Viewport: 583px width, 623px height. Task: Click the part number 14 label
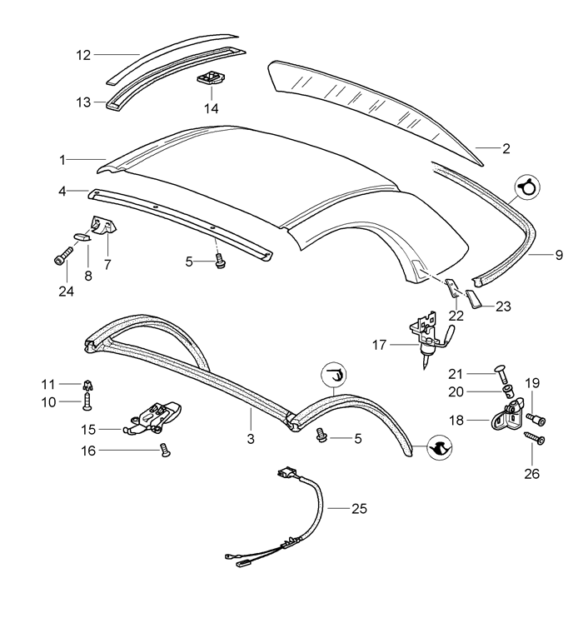coord(212,108)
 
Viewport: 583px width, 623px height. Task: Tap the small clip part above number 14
coord(211,77)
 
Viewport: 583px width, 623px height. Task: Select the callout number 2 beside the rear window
coord(506,148)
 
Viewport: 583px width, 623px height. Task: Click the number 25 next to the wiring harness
coord(359,509)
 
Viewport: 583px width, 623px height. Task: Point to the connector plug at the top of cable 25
coord(287,474)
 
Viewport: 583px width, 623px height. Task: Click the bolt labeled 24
coord(63,256)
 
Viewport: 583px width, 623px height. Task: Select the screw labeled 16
coord(166,450)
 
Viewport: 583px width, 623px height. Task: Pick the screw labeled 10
coord(87,402)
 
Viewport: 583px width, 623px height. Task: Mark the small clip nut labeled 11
coord(87,385)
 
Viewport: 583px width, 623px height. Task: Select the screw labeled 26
coord(536,438)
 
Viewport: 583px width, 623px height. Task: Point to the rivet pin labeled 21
coord(501,373)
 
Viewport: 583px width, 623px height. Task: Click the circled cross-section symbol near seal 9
coord(527,187)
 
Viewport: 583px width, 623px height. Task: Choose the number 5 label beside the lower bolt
coord(358,439)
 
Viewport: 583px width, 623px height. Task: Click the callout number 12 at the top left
coord(83,55)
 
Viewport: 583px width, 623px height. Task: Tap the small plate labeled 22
coord(452,287)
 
